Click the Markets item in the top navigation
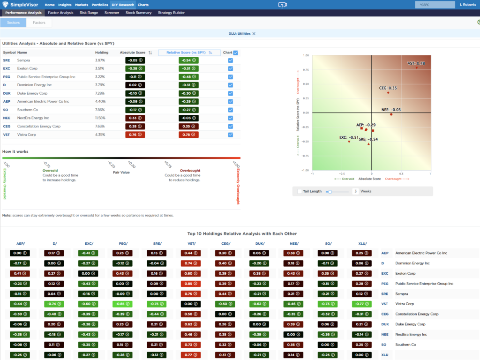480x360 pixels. pyautogui.click(x=82, y=5)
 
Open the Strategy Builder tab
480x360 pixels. pyautogui.click(x=171, y=13)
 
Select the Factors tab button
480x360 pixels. pyautogui.click(x=39, y=22)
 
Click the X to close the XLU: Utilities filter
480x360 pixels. pyautogui.click(x=254, y=34)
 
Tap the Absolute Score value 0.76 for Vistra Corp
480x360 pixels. pyautogui.click(x=135, y=135)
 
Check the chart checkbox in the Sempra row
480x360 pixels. pyautogui.click(x=231, y=60)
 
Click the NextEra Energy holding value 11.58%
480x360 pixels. pyautogui.click(x=100, y=118)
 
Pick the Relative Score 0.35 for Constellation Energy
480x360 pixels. pyautogui.click(x=188, y=126)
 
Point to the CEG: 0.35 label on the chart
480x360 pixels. pyautogui.click(x=388, y=88)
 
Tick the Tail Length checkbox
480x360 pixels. pyautogui.click(x=300, y=191)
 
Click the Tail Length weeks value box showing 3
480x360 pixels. pyautogui.click(x=356, y=191)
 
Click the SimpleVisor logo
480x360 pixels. pyautogui.click(x=21, y=5)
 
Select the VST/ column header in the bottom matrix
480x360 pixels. pyautogui.click(x=189, y=243)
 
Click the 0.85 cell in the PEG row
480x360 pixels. pyautogui.click(x=189, y=284)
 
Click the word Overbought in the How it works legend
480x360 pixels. pyautogui.click(x=190, y=171)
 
